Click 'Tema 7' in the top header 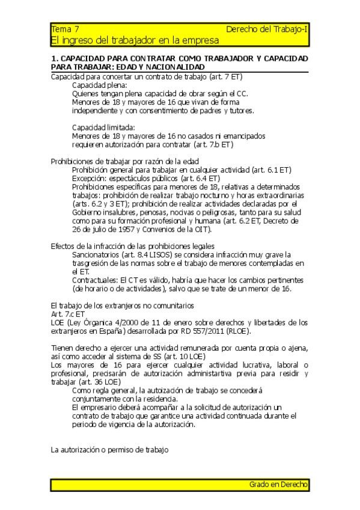pos(64,29)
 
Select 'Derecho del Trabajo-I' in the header pos(267,29)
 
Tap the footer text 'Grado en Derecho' pos(279,484)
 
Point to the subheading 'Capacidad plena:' pos(95,85)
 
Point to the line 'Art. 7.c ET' pos(68,313)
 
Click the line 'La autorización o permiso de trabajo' pos(109,449)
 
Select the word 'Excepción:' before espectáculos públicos pos(90,178)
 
